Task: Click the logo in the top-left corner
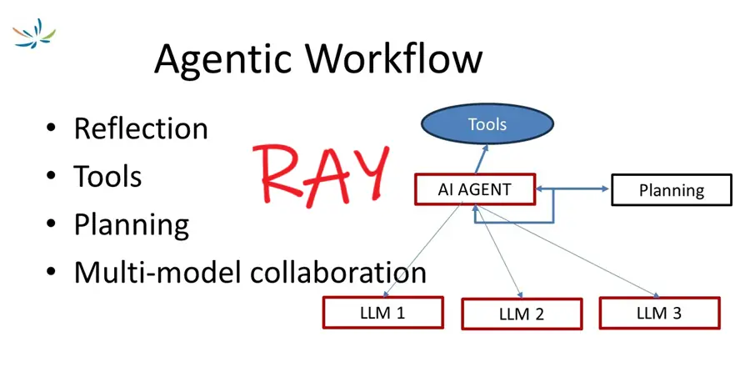pyautogui.click(x=34, y=33)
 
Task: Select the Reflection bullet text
pyautogui.click(x=141, y=128)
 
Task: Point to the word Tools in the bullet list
pyautogui.click(x=107, y=176)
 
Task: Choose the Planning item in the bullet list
pyautogui.click(x=131, y=224)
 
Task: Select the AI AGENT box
pyautogui.click(x=474, y=189)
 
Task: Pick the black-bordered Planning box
pyautogui.click(x=671, y=190)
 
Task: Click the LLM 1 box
pyautogui.click(x=382, y=313)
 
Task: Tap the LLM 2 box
pyautogui.click(x=521, y=314)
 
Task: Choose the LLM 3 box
pyautogui.click(x=658, y=313)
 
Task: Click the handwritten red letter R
pyautogui.click(x=283, y=175)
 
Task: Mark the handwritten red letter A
pyautogui.click(x=327, y=173)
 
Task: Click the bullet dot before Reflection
pyautogui.click(x=52, y=129)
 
